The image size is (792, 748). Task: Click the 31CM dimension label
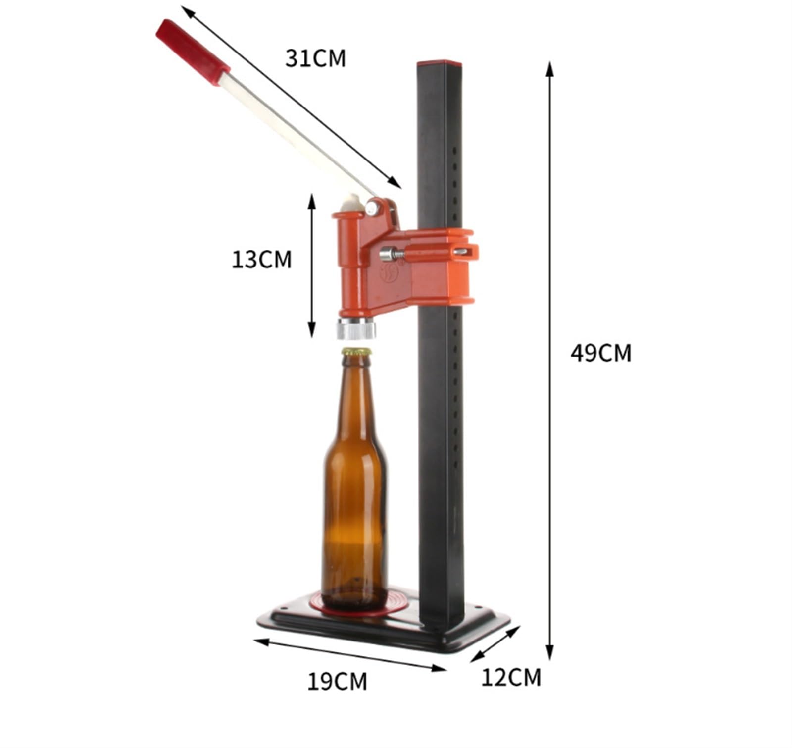[x=315, y=58]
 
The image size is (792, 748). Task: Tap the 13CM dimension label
[x=262, y=260]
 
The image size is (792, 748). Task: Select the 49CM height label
[x=601, y=353]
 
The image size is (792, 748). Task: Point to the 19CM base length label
[x=338, y=681]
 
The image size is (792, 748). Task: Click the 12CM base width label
[x=511, y=677]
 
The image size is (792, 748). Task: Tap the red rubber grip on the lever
[x=193, y=52]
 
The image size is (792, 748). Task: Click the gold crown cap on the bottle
[x=356, y=352]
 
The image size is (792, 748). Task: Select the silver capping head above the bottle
[x=356, y=328]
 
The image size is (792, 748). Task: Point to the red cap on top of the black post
[x=439, y=64]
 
